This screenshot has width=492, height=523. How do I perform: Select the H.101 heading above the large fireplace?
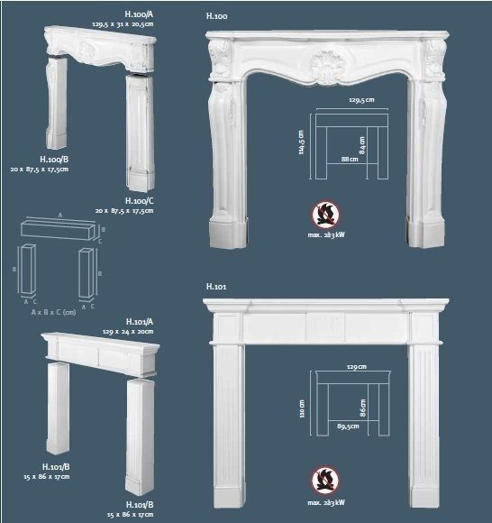pos(215,287)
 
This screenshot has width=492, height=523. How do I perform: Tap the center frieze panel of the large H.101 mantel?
pos(325,326)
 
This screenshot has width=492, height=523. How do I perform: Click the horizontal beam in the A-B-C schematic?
pos(57,229)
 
